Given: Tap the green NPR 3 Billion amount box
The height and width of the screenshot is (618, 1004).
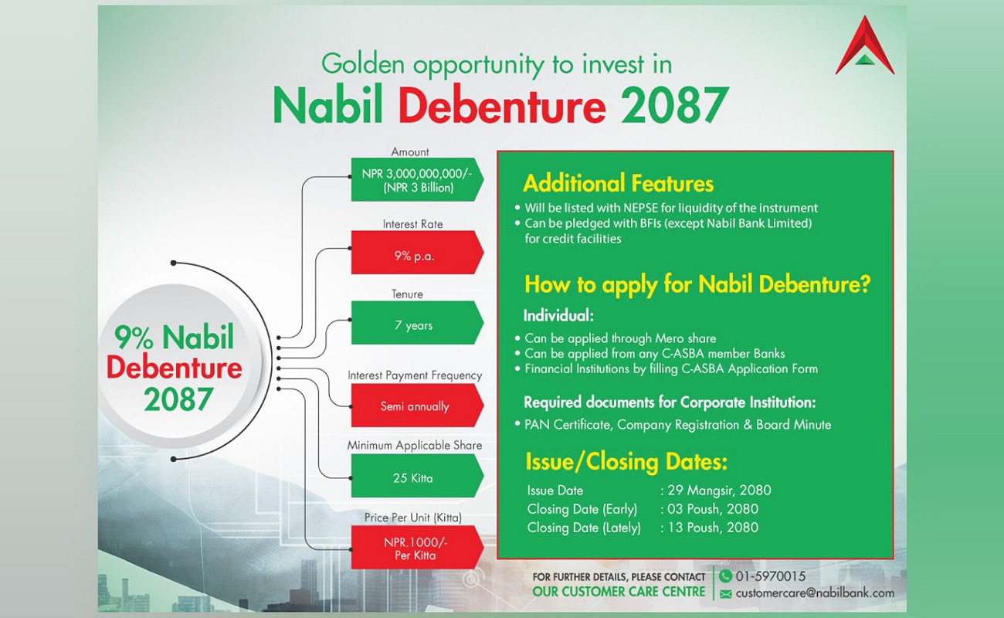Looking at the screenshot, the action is pyautogui.click(x=417, y=179).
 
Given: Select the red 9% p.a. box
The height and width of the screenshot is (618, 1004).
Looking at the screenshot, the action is pyautogui.click(x=417, y=252).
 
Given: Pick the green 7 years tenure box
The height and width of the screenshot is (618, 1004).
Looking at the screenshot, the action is pyautogui.click(x=417, y=322).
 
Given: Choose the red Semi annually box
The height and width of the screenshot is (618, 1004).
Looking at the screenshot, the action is pyautogui.click(x=417, y=406).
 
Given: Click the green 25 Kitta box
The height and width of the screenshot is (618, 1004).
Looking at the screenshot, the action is pyautogui.click(x=417, y=475).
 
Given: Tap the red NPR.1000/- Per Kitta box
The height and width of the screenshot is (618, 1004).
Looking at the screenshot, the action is pyautogui.click(x=417, y=547).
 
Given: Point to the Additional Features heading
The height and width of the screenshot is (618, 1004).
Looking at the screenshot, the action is pyautogui.click(x=618, y=183).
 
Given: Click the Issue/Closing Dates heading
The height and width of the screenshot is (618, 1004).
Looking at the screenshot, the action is pyautogui.click(x=626, y=462).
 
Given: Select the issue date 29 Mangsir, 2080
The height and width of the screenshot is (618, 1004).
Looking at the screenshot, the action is pyautogui.click(x=719, y=491).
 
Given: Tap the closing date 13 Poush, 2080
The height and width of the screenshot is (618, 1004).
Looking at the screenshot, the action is pyautogui.click(x=713, y=528).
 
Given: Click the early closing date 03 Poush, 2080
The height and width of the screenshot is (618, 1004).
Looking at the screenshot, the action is pyautogui.click(x=713, y=509).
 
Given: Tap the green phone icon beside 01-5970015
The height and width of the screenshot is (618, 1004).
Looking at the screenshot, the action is pyautogui.click(x=725, y=576).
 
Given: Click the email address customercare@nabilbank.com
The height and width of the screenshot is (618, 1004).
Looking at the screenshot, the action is pyautogui.click(x=815, y=593).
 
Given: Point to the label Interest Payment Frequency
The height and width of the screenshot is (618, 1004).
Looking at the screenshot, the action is pyautogui.click(x=415, y=375).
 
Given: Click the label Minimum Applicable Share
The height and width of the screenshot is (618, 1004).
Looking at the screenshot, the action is pyautogui.click(x=415, y=445).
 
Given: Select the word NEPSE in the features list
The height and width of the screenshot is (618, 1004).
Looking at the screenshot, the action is pyautogui.click(x=640, y=208).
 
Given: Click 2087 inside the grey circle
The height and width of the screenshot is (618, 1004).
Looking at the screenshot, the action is pyautogui.click(x=178, y=399).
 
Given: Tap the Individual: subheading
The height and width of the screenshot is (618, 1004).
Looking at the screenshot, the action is pyautogui.click(x=558, y=316).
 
